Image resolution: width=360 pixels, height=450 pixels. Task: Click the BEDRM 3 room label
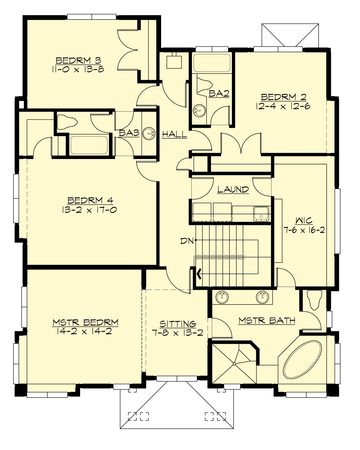click(x=78, y=61)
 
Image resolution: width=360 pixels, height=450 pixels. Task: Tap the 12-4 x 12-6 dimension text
click(x=283, y=106)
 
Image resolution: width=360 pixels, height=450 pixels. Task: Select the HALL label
click(x=175, y=134)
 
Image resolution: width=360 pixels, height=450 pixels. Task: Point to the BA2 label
click(x=219, y=94)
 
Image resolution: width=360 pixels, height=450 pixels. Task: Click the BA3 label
click(x=129, y=133)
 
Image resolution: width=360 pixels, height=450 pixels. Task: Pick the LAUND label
click(x=233, y=190)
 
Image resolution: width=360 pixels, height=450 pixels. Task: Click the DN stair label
click(x=187, y=241)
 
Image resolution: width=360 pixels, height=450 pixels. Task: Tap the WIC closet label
click(x=304, y=221)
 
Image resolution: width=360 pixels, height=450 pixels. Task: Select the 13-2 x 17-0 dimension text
click(x=89, y=210)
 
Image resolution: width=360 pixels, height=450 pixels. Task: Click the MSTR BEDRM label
click(x=85, y=323)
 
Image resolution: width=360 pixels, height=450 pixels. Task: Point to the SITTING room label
click(x=178, y=324)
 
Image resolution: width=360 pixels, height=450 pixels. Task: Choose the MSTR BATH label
click(x=267, y=321)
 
